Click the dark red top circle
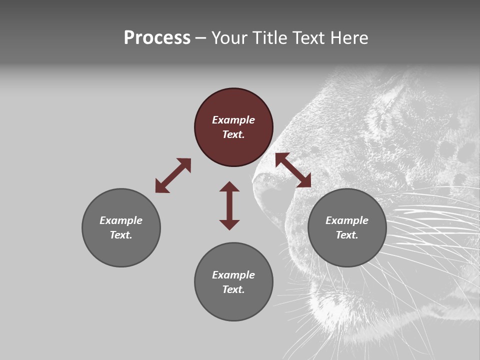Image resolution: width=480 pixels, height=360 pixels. tap(233, 105)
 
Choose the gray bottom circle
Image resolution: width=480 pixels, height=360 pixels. tap(233, 305)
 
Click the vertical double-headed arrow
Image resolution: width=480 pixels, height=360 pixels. tap(229, 205)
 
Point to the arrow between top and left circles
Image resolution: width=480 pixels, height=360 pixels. tap(173, 175)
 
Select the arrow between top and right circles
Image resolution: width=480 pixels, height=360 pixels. tap(293, 170)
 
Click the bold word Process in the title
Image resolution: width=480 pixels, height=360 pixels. tap(157, 37)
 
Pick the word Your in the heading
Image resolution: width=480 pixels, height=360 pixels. tap(230, 37)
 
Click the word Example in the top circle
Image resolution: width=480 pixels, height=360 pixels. tap(233, 120)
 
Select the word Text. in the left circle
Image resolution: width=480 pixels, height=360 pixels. tap(121, 235)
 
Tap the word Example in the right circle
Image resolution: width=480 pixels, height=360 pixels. tap(347, 220)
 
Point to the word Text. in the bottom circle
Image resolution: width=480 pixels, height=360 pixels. tap(233, 289)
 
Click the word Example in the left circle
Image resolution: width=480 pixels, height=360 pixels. tap(121, 220)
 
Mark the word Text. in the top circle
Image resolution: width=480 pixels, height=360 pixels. tap(233, 134)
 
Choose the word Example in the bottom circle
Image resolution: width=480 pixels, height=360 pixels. tap(233, 275)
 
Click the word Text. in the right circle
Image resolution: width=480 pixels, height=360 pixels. tap(347, 235)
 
